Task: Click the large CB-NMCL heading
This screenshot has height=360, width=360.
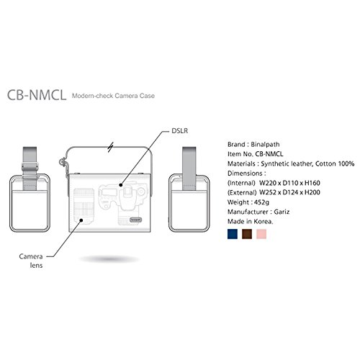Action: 37,95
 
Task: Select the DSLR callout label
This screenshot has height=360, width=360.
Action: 180,131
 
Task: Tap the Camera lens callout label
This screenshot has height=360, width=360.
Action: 31,261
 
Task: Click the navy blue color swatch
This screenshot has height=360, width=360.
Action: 233,234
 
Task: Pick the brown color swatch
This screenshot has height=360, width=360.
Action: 247,234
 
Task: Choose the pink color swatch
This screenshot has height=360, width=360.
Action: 261,234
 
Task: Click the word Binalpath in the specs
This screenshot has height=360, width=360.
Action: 265,145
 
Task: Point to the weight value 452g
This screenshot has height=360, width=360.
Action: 261,202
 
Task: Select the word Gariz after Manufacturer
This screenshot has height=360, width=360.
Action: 282,212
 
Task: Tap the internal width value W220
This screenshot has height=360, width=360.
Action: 268,183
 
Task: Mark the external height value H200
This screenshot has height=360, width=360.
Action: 312,192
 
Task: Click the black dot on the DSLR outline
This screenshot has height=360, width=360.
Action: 121,185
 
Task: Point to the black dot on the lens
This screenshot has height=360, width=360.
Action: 81,220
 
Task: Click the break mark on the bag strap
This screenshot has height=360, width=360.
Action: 110,147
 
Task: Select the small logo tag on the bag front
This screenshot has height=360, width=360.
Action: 136,220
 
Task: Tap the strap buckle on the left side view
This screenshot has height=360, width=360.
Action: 30,166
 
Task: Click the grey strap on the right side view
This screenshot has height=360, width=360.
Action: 189,168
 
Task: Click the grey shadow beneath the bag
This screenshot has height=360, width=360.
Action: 109,259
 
